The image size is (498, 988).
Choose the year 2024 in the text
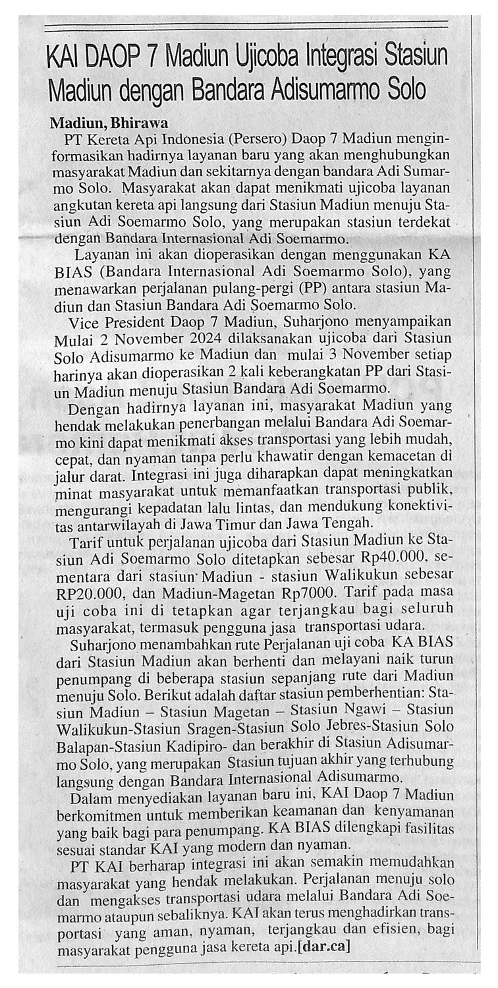click(193, 339)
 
